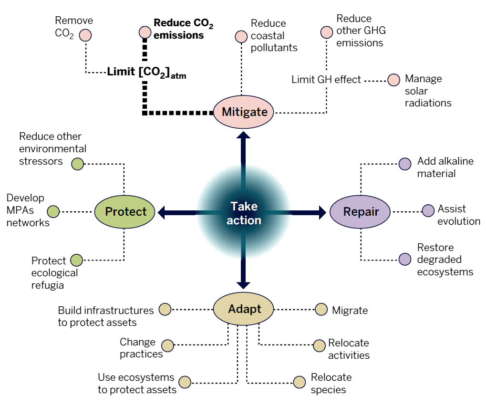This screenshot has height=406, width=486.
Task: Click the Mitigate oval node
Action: tap(243, 112)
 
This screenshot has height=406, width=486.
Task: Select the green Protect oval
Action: tap(125, 212)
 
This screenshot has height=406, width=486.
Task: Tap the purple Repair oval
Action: tap(361, 212)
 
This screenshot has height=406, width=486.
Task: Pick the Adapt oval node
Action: tap(244, 309)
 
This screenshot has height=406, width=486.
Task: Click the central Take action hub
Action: tap(244, 213)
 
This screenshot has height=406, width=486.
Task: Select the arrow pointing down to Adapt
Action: tap(244, 267)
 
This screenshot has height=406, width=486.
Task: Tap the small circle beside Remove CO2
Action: tap(85, 35)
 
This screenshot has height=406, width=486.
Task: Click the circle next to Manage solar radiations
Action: tap(393, 80)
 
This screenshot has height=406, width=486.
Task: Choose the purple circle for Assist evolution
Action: tap(429, 210)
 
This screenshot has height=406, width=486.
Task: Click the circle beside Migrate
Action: tap(321, 309)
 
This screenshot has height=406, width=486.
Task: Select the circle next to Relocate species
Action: tap(300, 382)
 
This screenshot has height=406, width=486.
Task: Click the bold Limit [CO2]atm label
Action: tap(146, 73)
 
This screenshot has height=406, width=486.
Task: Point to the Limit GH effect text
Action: tap(326, 80)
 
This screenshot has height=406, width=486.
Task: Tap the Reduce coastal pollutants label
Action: tap(274, 35)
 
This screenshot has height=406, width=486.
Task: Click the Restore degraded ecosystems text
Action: tap(445, 260)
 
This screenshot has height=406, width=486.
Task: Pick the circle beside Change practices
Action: tap(168, 345)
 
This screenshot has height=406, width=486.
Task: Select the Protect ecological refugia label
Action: tap(54, 273)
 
